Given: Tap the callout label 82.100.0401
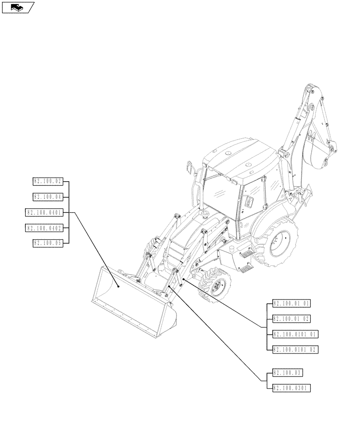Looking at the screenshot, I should (45, 213).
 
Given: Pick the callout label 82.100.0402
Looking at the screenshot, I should (45, 228).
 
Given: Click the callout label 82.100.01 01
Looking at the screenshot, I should (292, 304).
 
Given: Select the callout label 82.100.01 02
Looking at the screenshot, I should (292, 319).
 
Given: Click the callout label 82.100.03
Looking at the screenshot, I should (288, 373).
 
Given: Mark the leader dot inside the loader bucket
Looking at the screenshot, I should (119, 287).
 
